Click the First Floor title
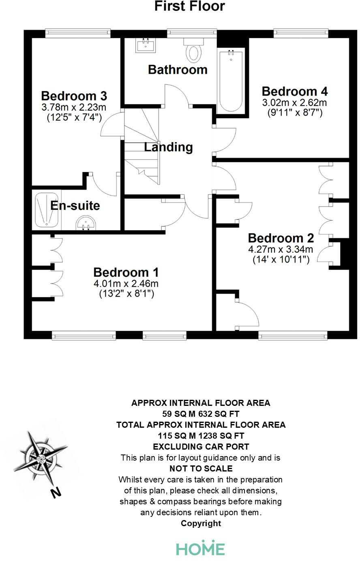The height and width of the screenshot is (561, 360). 189,6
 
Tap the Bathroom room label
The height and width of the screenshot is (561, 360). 178,70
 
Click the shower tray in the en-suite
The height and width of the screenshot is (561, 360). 47,209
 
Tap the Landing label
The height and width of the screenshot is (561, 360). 169,147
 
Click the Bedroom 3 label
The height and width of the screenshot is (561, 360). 74,96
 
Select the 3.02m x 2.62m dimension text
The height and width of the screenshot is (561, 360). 295,102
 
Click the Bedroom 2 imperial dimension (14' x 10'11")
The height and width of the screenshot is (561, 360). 281,259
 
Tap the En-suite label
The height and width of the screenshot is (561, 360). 75,205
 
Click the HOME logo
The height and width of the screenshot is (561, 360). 200,548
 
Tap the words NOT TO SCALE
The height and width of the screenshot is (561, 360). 201,469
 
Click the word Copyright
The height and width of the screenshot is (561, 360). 201,523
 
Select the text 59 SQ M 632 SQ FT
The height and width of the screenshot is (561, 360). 201,414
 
